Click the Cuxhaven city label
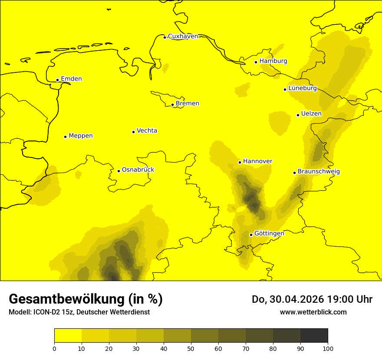[x=183, y=36]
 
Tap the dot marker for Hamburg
[x=256, y=62]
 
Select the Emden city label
[x=71, y=79]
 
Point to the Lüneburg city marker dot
[x=285, y=89]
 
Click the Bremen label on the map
[x=188, y=104]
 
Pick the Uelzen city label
[x=311, y=114]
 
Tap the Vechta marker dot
[x=133, y=132]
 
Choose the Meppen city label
[x=81, y=136]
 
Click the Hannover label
[x=257, y=161]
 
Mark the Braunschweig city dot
[x=294, y=173]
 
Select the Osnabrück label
[x=138, y=170]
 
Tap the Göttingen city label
[x=269, y=233]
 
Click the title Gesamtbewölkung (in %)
[x=86, y=299]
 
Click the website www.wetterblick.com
[x=313, y=312]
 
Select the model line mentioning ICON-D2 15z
[x=79, y=312]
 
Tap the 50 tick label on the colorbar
[x=191, y=348]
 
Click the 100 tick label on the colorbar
[x=328, y=348]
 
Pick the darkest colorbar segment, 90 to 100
[x=314, y=335]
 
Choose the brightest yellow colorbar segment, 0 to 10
[x=68, y=335]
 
